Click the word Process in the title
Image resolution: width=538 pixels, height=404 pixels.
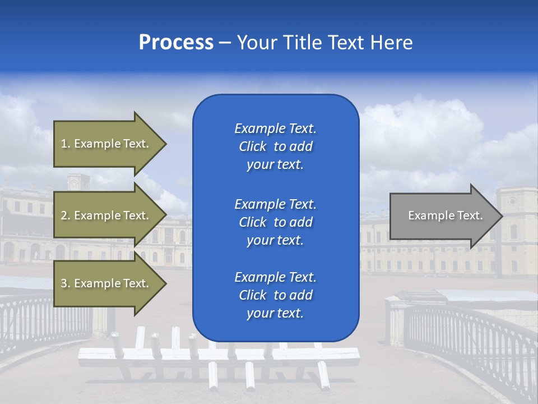(176, 43)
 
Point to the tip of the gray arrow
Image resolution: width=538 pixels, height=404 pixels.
(502, 216)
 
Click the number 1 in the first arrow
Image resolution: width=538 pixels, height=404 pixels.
(64, 144)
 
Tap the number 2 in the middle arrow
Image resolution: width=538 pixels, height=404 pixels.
(64, 215)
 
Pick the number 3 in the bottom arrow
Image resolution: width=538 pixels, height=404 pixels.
(64, 283)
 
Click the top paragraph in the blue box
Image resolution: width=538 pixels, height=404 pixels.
(275, 146)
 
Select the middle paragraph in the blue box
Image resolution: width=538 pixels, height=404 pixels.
(275, 222)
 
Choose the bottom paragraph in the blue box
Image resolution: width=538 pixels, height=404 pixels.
(275, 295)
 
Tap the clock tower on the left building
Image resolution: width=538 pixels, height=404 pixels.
(78, 182)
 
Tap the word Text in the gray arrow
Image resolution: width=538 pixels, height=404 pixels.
(470, 215)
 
